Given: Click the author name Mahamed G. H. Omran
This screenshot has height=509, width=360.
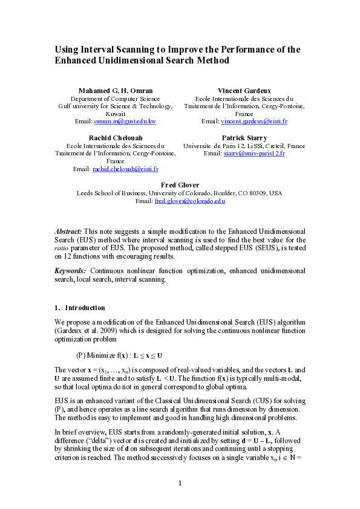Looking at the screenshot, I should pyautogui.click(x=116, y=90).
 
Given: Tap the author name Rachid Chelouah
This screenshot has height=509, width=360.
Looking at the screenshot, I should pyautogui.click(x=116, y=138).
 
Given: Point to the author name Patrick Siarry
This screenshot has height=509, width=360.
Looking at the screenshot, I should pyautogui.click(x=244, y=138).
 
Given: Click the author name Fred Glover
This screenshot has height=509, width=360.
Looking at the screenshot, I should pyautogui.click(x=180, y=185).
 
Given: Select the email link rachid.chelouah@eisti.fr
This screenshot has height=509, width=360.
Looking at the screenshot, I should pyautogui.click(x=125, y=169).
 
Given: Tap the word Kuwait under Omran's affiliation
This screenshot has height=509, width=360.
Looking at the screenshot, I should pyautogui.click(x=116, y=114).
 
